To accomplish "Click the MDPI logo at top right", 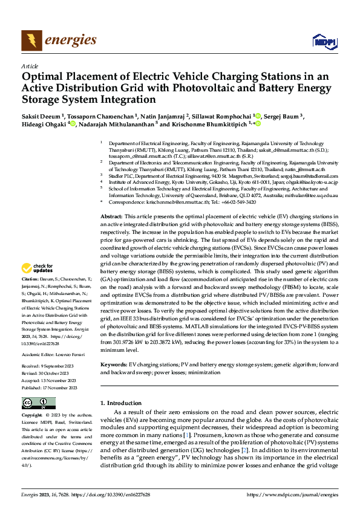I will [x=323, y=41].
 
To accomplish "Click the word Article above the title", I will [x=29, y=66].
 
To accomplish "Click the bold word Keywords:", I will [x=114, y=365].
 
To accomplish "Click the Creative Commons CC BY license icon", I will [x=38, y=403].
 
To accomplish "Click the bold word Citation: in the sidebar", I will [x=31, y=279].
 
